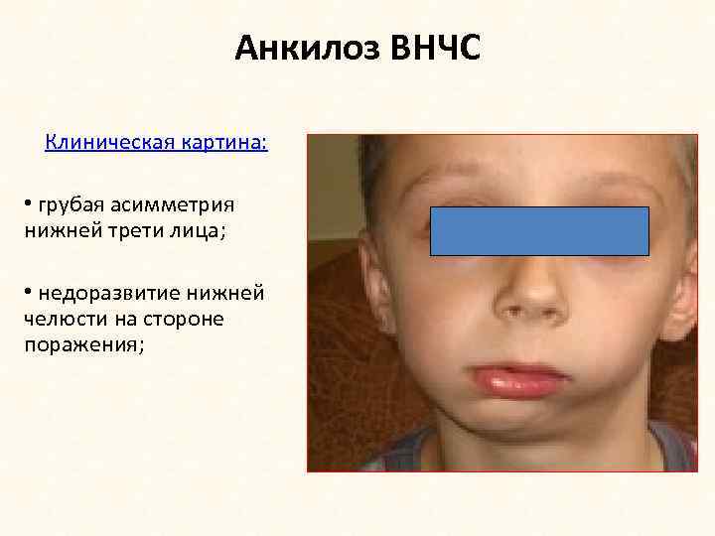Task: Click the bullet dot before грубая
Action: click(30, 204)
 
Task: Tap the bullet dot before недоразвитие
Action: click(30, 293)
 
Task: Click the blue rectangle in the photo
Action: click(539, 231)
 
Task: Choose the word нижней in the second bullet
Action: click(230, 294)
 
